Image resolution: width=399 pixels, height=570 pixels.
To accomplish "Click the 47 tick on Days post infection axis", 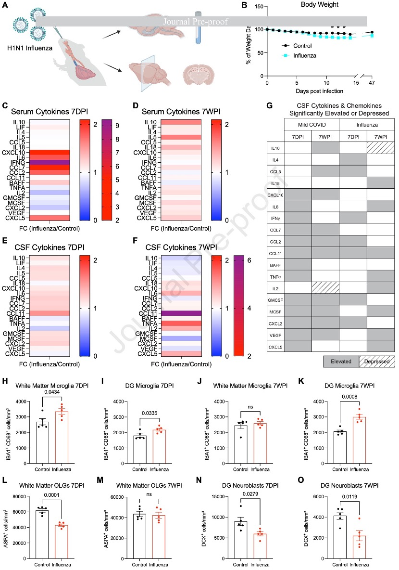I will (372, 83).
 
